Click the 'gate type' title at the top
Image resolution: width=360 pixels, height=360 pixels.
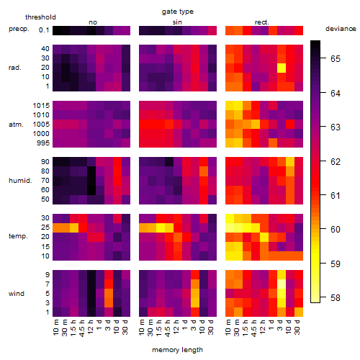178,12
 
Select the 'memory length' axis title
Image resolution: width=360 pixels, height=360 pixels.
177,350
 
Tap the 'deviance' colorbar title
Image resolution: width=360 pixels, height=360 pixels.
341,29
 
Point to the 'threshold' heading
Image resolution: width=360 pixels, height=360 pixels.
40,17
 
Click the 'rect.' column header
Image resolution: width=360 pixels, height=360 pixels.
262,22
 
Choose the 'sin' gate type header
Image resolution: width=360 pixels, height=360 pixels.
177,22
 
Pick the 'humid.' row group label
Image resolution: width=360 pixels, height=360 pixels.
20,181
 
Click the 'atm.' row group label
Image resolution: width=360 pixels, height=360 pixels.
16,125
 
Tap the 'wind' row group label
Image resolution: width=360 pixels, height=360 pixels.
17,294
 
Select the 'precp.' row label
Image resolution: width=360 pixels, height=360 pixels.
19,29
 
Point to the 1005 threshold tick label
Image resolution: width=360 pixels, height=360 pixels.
41,125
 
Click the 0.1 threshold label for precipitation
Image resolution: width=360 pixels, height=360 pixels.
44,30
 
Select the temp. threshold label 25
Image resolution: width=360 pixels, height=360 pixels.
45,228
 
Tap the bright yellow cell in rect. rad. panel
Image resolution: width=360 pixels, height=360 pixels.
282,68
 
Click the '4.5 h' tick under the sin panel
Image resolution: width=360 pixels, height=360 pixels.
168,328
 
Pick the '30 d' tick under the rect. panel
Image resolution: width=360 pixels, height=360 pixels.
297,328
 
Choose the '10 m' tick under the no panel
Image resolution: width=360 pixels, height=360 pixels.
55,328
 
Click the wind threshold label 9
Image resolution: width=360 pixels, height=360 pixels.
48,274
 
